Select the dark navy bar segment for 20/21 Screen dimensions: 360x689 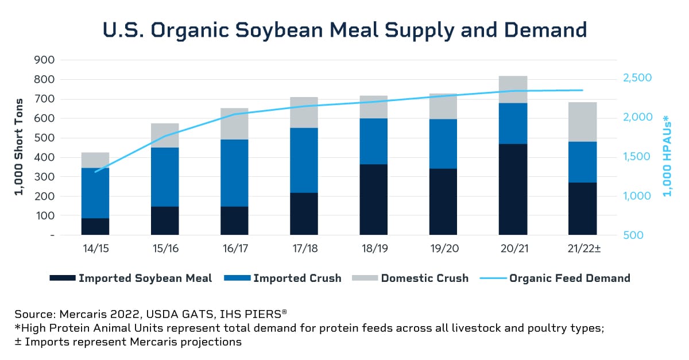(x=513, y=189)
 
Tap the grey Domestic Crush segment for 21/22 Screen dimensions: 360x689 (x=582, y=122)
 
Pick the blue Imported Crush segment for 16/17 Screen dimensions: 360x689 (x=234, y=173)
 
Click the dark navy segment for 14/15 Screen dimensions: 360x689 (x=95, y=226)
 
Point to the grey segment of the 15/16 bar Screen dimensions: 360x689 (x=165, y=136)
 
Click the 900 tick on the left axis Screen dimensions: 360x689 (x=44, y=60)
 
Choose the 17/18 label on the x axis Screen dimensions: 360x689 (x=304, y=250)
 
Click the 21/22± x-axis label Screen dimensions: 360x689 (x=583, y=250)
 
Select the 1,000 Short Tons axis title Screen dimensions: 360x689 (x=19, y=148)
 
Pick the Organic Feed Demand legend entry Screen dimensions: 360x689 (x=570, y=278)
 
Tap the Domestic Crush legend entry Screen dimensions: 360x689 (x=424, y=278)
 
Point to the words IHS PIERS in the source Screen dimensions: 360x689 (x=252, y=314)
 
